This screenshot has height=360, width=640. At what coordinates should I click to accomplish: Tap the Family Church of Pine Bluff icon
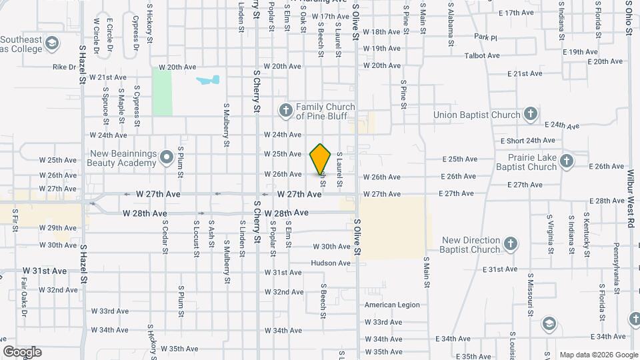(x=286, y=110)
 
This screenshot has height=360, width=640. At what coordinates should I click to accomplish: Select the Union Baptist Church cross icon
(x=531, y=114)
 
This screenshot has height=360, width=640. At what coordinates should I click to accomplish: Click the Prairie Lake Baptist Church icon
(x=566, y=161)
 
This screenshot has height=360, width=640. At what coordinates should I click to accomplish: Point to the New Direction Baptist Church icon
(x=511, y=244)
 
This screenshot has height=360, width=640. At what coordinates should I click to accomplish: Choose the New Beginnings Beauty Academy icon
(x=167, y=158)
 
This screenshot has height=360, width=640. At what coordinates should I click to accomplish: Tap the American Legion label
(x=392, y=305)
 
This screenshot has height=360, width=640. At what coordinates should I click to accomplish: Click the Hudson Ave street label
(x=330, y=263)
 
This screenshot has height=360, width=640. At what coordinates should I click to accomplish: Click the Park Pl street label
(x=486, y=37)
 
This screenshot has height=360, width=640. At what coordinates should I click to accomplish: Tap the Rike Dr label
(x=65, y=67)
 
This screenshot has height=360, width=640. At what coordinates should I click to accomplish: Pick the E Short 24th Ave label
(x=528, y=141)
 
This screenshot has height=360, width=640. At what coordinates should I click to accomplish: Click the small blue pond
(x=207, y=81)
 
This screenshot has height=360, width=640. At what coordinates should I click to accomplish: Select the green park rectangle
(x=161, y=91)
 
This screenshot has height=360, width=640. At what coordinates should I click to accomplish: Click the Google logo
(x=22, y=351)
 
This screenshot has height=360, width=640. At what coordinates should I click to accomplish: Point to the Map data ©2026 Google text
(x=598, y=354)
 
